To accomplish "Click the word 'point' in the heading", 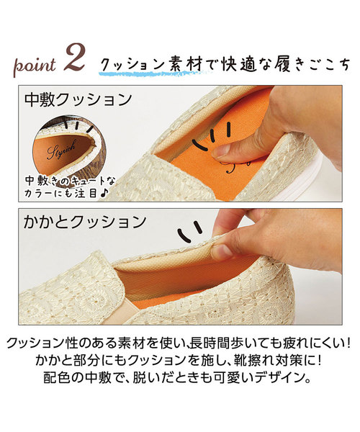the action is tap(35, 66).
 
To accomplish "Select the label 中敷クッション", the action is tap(78, 100).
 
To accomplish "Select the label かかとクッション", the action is tap(84, 222).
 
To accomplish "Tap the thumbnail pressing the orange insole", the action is tap(221, 151).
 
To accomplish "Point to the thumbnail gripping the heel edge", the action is tap(222, 251).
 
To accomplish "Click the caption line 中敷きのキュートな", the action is tap(71, 181).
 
